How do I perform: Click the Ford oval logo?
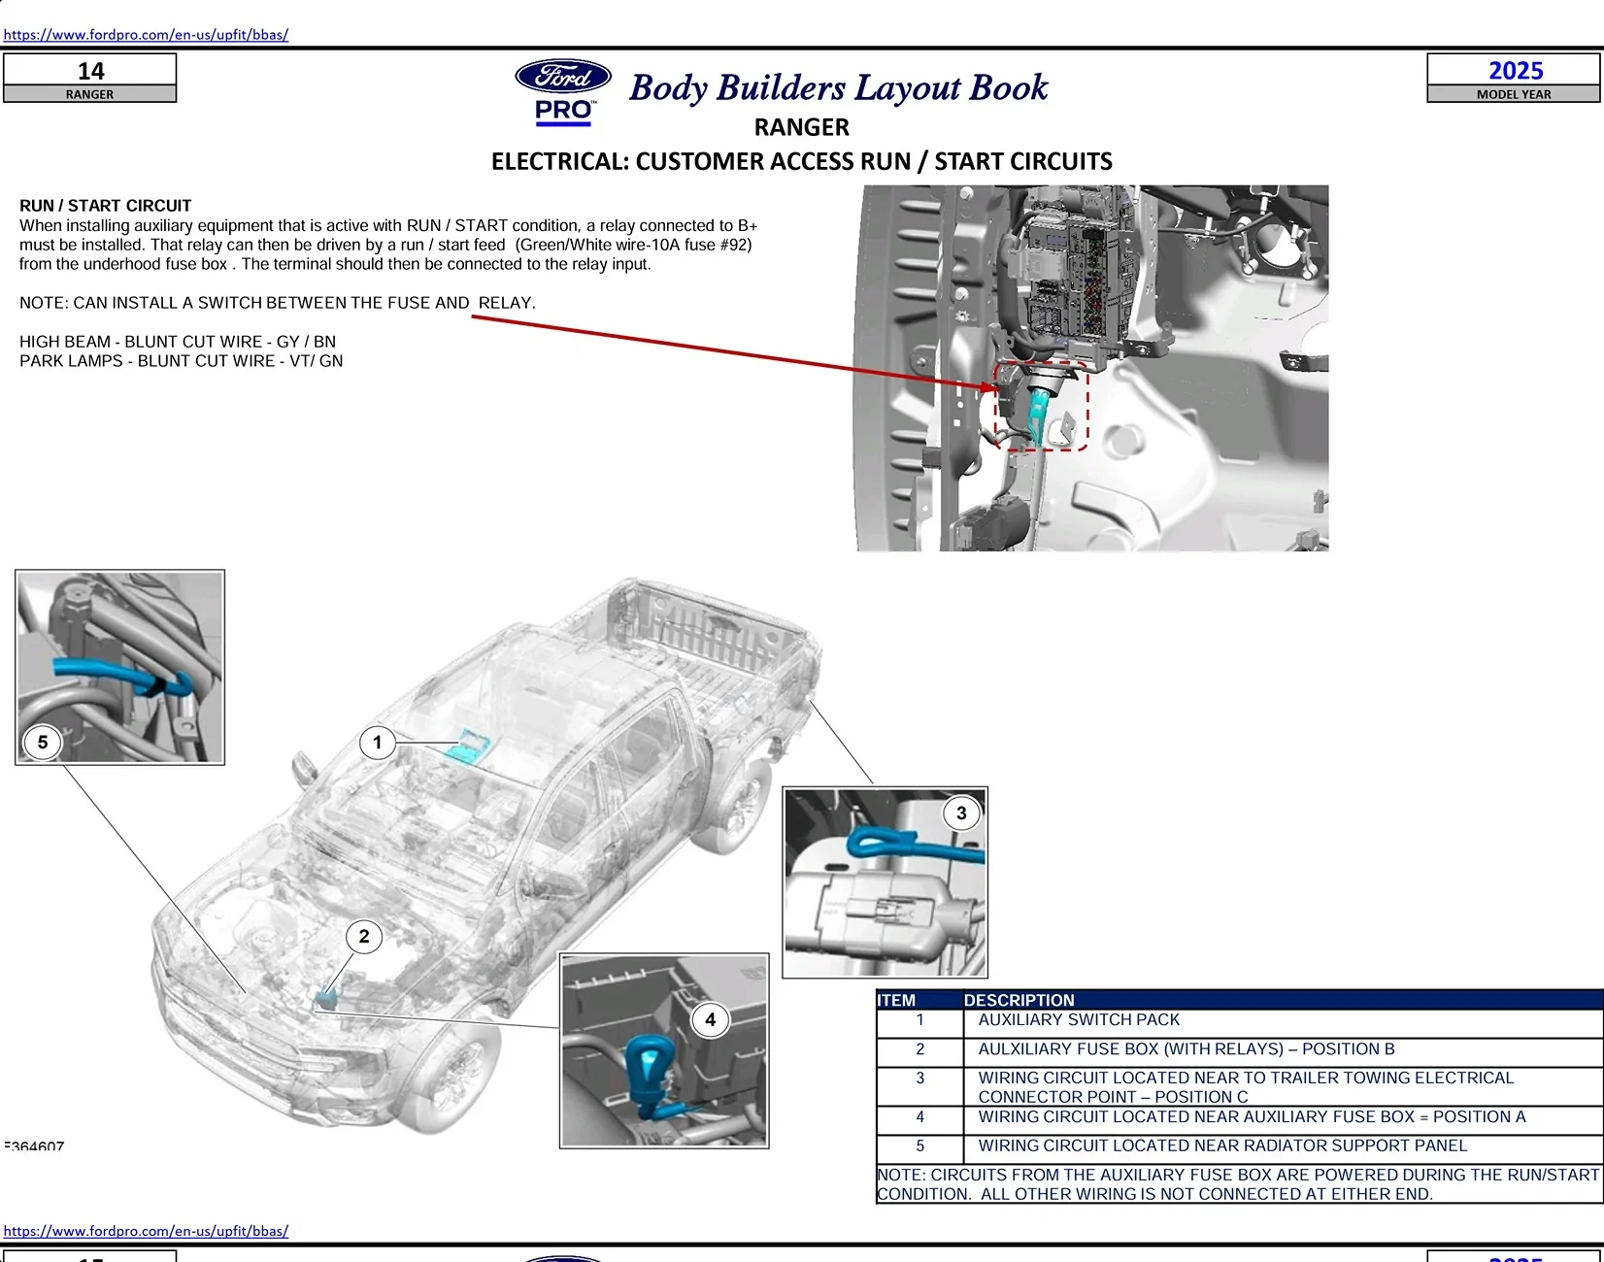tap(563, 76)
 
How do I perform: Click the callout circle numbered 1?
tap(377, 743)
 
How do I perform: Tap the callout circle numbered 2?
tap(364, 937)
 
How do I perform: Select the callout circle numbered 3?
tap(961, 814)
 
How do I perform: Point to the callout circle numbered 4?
tap(710, 1019)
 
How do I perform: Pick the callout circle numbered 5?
tap(43, 743)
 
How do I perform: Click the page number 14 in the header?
tap(90, 71)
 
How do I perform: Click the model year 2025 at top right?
tap(1515, 71)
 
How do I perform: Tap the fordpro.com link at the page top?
tap(146, 35)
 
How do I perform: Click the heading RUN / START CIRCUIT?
tap(105, 206)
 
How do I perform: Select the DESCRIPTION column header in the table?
tap(1019, 1000)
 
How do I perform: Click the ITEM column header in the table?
tap(896, 1000)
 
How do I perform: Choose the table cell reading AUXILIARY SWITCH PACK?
tap(1078, 1020)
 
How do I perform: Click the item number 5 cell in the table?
tap(919, 1146)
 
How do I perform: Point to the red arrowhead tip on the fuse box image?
tap(995, 386)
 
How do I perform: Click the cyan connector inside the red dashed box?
tap(1038, 413)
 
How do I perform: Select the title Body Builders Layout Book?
tap(838, 87)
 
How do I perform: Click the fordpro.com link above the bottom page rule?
tap(146, 1231)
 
